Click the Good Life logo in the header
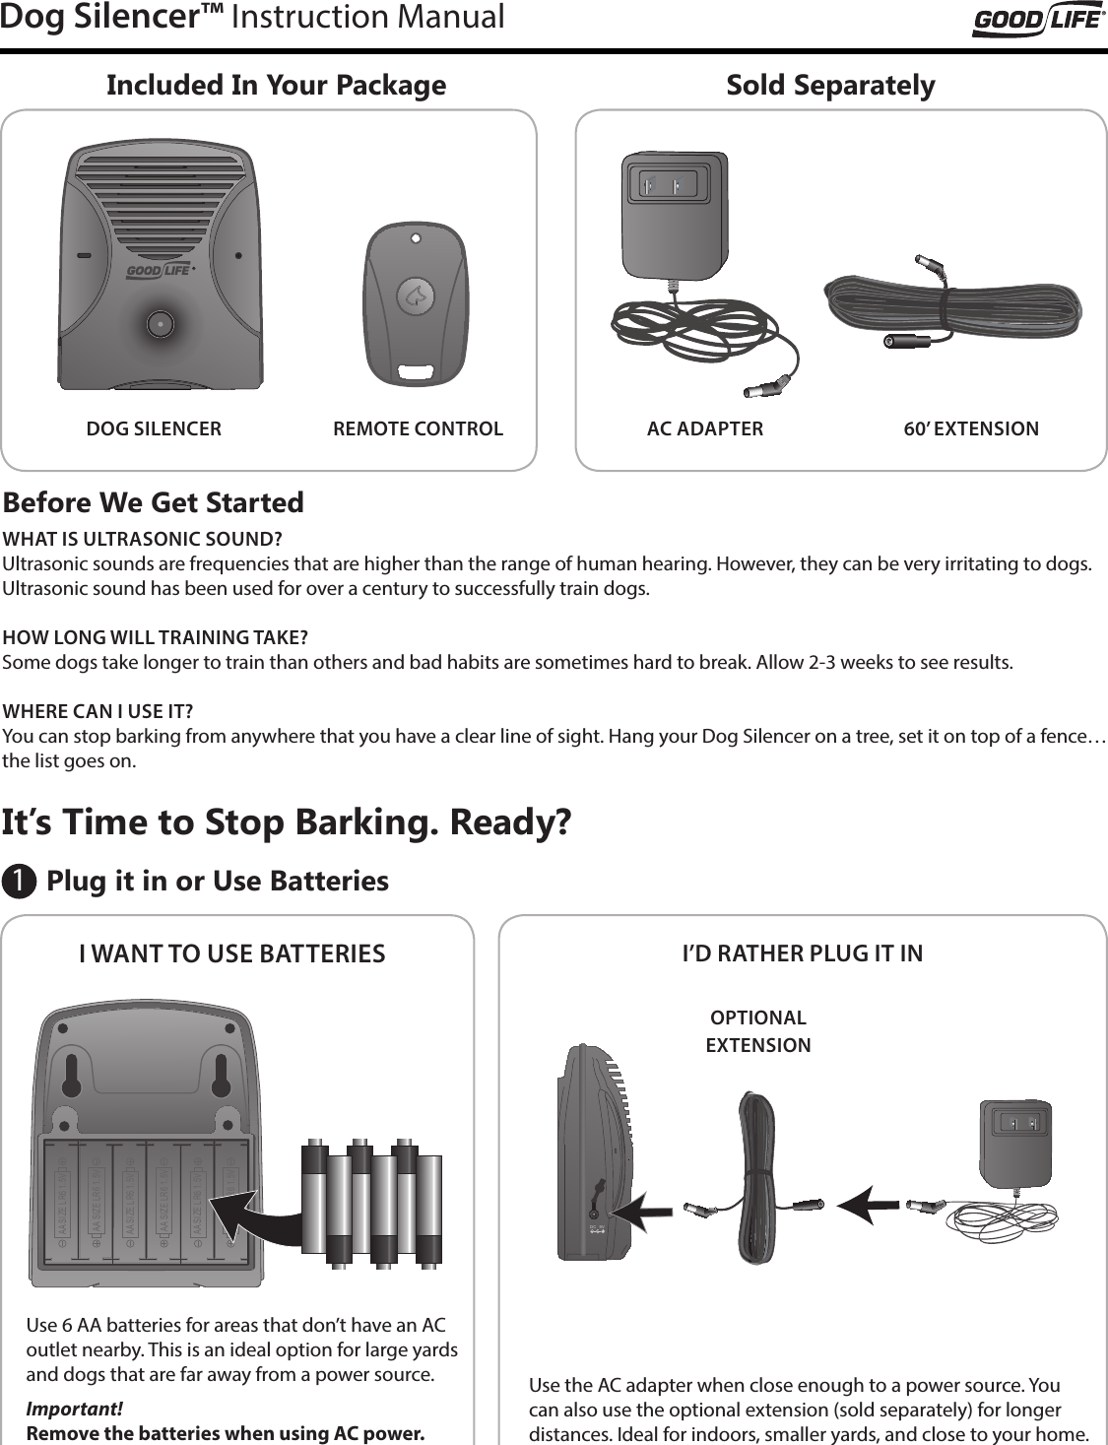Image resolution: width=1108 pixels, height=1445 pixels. point(1038,20)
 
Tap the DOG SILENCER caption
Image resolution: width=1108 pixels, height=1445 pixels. point(154,428)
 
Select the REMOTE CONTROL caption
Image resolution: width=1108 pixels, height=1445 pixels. point(418,428)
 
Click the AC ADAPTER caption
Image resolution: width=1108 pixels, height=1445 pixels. point(704,428)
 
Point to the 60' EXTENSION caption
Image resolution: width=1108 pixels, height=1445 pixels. point(970,428)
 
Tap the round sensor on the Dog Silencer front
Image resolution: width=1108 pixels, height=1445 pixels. point(159,323)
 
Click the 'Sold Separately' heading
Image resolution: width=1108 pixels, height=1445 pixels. point(830,86)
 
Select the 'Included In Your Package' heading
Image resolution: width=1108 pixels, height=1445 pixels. point(276,86)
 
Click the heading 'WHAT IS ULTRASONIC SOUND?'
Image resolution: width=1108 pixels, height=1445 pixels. point(142,539)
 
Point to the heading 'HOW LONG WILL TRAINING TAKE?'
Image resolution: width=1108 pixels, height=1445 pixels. point(155,636)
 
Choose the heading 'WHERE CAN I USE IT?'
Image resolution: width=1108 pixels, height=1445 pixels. point(98,711)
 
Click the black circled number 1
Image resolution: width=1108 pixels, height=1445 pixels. point(18,881)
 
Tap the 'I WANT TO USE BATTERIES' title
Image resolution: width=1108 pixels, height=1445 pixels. point(231,953)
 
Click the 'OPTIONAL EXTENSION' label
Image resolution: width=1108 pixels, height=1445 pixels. point(757,1031)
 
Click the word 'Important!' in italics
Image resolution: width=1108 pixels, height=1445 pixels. point(74,1409)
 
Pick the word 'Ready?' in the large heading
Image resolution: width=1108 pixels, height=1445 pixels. point(510,821)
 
